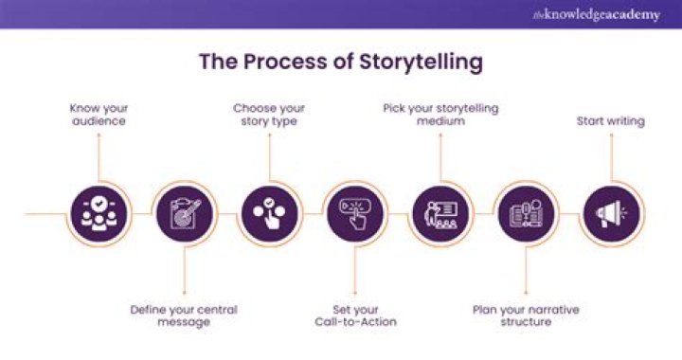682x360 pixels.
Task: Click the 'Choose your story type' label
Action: click(269, 115)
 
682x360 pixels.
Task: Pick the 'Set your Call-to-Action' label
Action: click(354, 315)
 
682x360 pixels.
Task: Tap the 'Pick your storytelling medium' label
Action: click(440, 115)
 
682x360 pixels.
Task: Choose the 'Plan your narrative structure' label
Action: click(526, 315)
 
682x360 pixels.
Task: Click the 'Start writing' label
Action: click(611, 121)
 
